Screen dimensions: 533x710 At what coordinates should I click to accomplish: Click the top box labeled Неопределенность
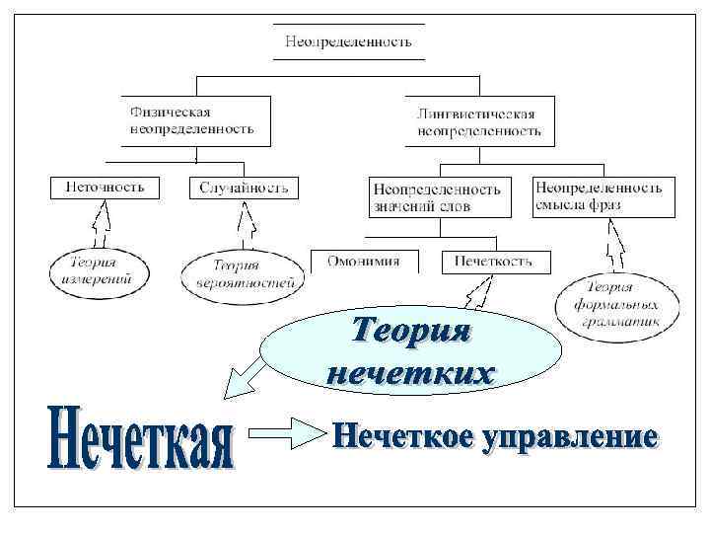tap(348, 41)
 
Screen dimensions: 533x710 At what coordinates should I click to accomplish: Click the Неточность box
tap(104, 187)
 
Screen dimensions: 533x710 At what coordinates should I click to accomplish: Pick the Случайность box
tap(244, 188)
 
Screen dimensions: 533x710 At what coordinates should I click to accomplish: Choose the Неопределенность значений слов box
tap(439, 196)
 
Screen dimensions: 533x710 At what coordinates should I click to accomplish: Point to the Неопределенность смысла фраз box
tap(603, 195)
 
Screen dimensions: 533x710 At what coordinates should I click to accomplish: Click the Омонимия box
tap(364, 262)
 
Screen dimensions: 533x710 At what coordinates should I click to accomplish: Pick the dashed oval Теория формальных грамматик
tap(616, 301)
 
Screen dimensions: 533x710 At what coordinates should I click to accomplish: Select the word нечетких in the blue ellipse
tap(410, 373)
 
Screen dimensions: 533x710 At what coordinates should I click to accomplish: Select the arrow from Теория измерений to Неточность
tap(100, 224)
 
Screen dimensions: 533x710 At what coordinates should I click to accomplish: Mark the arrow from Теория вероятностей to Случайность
tap(247, 224)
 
